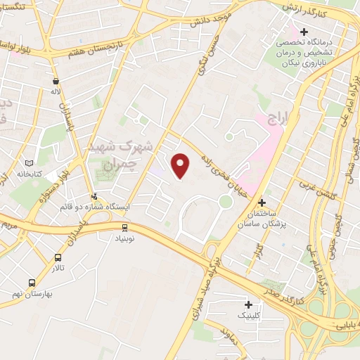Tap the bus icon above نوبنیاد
click(x=124, y=227)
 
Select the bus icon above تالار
click(x=57, y=258)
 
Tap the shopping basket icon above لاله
click(x=55, y=80)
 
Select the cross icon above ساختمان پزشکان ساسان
click(x=262, y=202)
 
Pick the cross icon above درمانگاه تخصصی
click(x=304, y=32)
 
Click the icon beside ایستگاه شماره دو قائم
click(x=94, y=196)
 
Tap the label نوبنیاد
click(x=124, y=238)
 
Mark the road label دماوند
click(x=228, y=337)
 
